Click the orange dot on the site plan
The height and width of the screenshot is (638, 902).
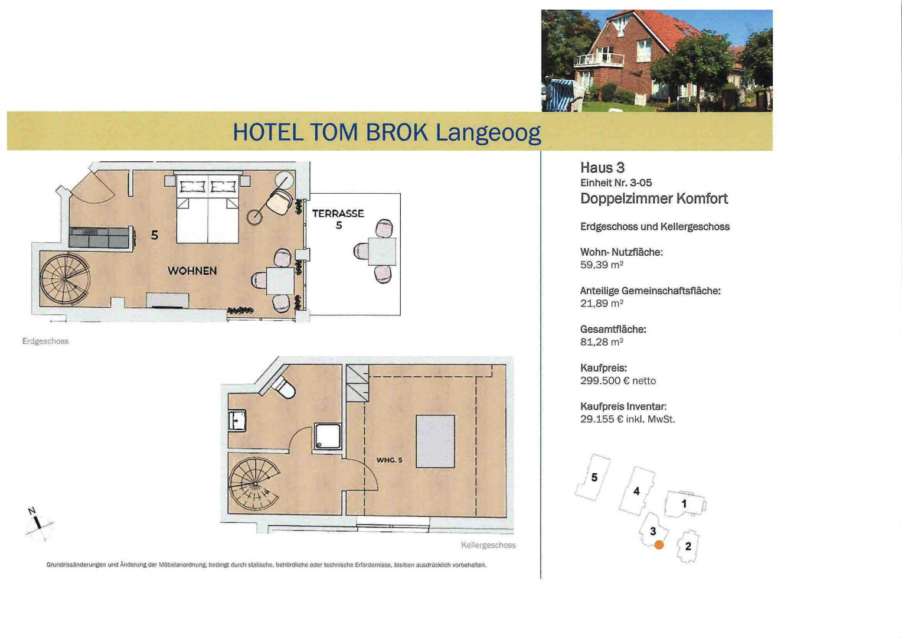click(659, 545)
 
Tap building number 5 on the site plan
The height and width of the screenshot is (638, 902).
click(593, 477)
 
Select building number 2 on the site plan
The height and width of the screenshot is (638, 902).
click(688, 546)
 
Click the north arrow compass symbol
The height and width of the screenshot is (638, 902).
click(38, 523)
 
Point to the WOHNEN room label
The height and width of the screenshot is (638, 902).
click(192, 271)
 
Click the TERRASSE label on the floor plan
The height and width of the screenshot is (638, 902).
click(338, 214)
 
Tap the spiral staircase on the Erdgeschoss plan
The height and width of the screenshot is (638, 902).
click(65, 279)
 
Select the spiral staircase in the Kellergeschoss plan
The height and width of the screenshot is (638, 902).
click(254, 484)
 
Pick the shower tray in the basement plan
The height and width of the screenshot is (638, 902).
click(328, 436)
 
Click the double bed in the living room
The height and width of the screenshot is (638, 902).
click(207, 209)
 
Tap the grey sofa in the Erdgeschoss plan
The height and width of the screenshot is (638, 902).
click(99, 237)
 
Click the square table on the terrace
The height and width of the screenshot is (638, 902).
click(382, 252)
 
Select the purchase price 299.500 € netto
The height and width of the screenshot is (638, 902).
click(617, 381)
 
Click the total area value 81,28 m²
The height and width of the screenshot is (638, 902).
click(602, 342)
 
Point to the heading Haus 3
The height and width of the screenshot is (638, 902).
click(602, 168)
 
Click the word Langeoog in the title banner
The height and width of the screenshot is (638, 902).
click(488, 133)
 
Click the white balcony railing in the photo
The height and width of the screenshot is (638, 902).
click(599, 59)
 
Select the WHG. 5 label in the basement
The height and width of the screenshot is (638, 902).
click(389, 460)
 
